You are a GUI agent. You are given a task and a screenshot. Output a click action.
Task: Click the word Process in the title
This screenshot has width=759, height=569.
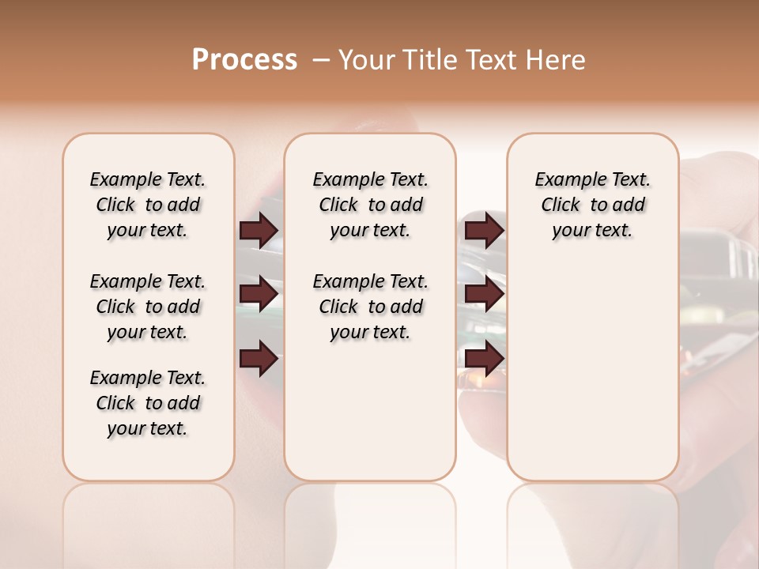tap(244, 60)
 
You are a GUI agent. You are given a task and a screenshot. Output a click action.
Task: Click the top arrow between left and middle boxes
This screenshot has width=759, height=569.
tap(259, 230)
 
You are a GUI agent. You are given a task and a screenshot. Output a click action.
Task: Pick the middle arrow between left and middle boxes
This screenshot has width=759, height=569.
tap(259, 295)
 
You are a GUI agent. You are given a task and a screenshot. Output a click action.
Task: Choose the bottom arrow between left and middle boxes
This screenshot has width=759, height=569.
tap(259, 360)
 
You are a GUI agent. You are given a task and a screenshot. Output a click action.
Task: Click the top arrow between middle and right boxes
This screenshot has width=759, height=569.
tap(484, 230)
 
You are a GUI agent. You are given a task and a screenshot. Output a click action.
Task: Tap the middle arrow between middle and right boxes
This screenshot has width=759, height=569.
tap(484, 295)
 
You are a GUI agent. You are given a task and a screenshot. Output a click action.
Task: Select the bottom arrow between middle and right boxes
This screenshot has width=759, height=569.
tap(484, 360)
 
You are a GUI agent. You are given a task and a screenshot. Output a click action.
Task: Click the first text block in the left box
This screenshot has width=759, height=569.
tap(148, 205)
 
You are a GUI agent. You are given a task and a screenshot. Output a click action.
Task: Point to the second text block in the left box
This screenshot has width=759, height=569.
tap(148, 307)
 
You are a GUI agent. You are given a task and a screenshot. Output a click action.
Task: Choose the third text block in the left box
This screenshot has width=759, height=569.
tap(148, 403)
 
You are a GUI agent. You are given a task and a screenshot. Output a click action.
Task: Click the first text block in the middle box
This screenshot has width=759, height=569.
tap(370, 205)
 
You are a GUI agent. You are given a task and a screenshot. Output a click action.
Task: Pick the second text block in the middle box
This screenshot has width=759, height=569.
tap(370, 307)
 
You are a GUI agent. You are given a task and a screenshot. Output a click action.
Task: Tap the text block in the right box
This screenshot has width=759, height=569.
tap(592, 205)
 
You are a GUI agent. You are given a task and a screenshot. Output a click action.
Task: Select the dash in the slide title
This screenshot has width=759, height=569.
tap(321, 60)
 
